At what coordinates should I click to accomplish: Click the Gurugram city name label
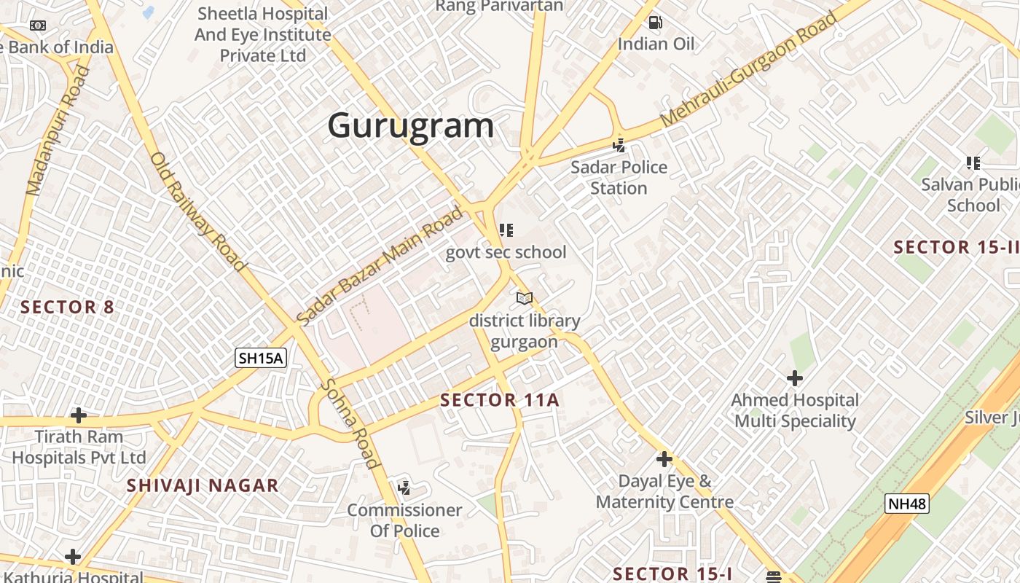(x=410, y=126)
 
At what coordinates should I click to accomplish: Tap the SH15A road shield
(x=261, y=358)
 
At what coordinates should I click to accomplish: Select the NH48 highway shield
(x=907, y=504)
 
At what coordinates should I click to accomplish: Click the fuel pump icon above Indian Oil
(x=655, y=23)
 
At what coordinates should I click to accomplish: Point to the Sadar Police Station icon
(x=619, y=146)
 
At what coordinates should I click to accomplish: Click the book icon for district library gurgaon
(x=525, y=298)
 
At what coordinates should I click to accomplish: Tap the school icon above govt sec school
(x=506, y=231)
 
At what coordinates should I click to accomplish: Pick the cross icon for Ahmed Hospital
(x=795, y=378)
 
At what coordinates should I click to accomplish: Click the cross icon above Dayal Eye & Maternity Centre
(x=664, y=459)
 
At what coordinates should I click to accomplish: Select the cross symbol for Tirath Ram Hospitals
(x=79, y=415)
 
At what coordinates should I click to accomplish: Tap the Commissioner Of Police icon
(x=404, y=488)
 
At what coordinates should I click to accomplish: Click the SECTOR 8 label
(x=67, y=307)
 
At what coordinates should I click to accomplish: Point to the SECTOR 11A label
(x=500, y=399)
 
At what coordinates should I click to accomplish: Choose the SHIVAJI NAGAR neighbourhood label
(x=203, y=485)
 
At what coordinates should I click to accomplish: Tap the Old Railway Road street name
(x=197, y=211)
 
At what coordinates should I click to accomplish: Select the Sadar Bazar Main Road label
(x=380, y=266)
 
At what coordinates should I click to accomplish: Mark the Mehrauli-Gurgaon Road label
(x=749, y=70)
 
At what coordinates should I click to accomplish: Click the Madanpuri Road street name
(x=58, y=131)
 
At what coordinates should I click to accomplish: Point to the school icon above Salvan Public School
(x=973, y=163)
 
